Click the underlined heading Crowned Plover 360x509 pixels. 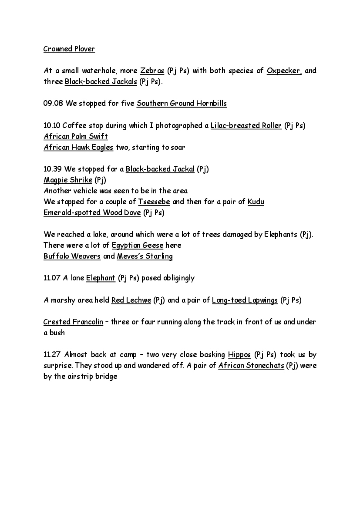pyautogui.click(x=69, y=49)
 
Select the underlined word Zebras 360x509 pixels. pyautogui.click(x=152, y=71)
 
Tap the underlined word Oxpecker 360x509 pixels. pyautogui.click(x=284, y=71)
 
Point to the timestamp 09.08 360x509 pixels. pyautogui.click(x=52, y=104)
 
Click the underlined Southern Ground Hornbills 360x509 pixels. pyautogui.click(x=182, y=104)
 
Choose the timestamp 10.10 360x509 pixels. pyautogui.click(x=52, y=126)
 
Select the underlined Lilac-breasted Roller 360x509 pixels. pyautogui.click(x=246, y=126)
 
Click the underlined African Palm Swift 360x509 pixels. pyautogui.click(x=75, y=136)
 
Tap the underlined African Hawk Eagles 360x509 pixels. pyautogui.click(x=78, y=147)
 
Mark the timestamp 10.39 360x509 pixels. pyautogui.click(x=52, y=169)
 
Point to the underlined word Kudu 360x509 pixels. pyautogui.click(x=256, y=202)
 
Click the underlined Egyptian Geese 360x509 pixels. pyautogui.click(x=138, y=245)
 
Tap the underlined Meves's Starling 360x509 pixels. pyautogui.click(x=145, y=256)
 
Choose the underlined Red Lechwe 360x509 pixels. pyautogui.click(x=131, y=300)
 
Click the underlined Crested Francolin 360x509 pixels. pyautogui.click(x=73, y=322)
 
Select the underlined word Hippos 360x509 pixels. pyautogui.click(x=239, y=354)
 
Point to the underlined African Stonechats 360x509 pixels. pyautogui.click(x=251, y=365)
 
